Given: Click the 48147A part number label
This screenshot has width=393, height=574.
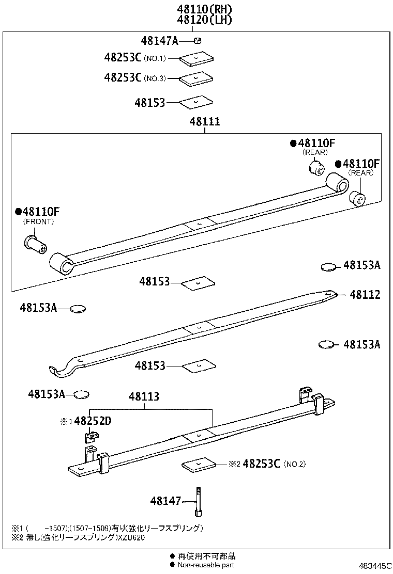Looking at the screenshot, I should (159, 40).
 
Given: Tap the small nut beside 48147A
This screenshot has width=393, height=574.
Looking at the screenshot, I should (197, 40).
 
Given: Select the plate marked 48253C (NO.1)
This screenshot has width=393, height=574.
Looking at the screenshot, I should (197, 59).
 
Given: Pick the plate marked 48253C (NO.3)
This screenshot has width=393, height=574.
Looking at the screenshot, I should (197, 78).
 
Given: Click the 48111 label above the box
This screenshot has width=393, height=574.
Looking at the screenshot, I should (205, 122).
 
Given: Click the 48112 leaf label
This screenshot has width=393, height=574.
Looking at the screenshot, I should (365, 295).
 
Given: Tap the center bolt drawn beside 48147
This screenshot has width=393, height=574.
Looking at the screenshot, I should (198, 501).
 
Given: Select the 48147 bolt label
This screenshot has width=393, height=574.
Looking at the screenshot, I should (165, 501).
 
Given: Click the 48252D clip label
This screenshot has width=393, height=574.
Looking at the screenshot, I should (93, 421).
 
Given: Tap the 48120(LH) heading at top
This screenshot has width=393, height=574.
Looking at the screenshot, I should (204, 20).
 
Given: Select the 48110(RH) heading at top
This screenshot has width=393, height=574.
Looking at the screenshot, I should (204, 9).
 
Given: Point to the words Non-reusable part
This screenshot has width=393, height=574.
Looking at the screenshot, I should (206, 565).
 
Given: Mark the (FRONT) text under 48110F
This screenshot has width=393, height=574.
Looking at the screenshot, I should (38, 221).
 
